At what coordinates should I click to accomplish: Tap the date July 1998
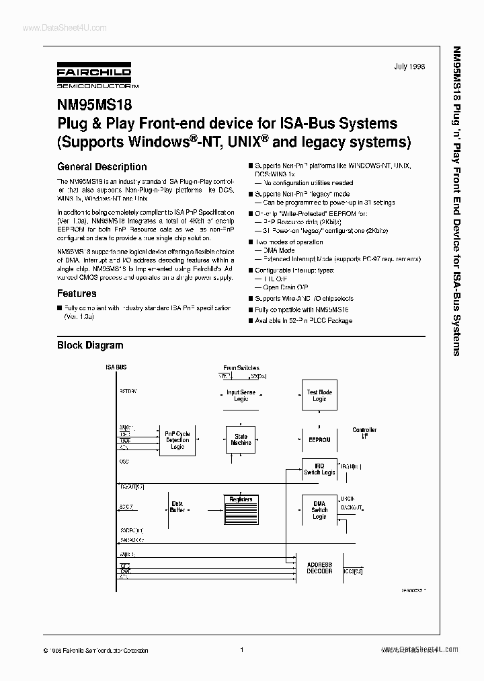(x=410, y=67)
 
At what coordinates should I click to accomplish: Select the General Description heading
(x=102, y=167)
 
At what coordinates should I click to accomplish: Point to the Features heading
(x=76, y=293)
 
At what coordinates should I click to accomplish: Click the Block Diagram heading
(x=89, y=345)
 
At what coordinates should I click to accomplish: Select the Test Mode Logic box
(x=319, y=396)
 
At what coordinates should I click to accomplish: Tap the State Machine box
(x=241, y=439)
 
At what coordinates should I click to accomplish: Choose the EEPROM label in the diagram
(x=319, y=439)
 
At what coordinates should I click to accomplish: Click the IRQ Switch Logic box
(x=319, y=469)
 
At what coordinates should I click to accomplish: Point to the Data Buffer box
(x=177, y=506)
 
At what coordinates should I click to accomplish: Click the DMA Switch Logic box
(x=319, y=510)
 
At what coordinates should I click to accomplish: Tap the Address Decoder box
(x=319, y=568)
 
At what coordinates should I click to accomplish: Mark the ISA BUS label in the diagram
(x=116, y=367)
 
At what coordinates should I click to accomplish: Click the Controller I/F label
(x=364, y=433)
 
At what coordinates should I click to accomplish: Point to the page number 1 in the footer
(x=241, y=649)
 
